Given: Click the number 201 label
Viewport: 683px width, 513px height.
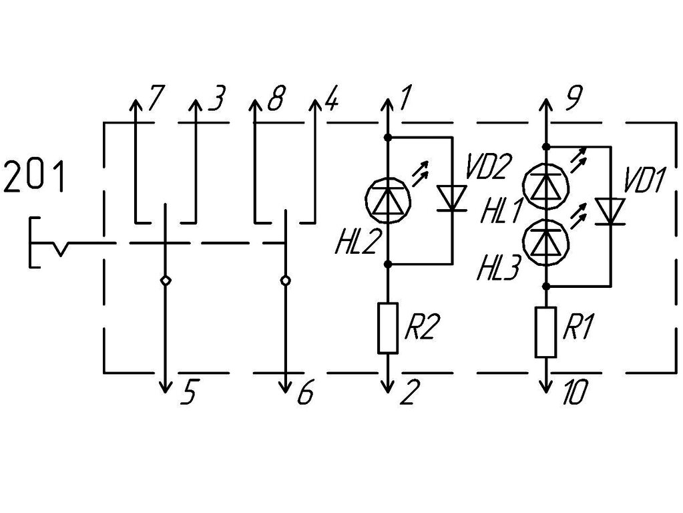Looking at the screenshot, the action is coord(35,176).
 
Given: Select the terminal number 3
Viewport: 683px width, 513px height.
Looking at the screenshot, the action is coord(216,98).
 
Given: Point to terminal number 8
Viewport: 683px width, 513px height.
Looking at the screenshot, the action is coord(276,98).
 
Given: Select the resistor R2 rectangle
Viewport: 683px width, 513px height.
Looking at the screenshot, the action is coord(388,327).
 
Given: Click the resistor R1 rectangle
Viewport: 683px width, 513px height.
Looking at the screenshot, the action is coord(546,332).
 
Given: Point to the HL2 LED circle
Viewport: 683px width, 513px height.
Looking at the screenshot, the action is coord(388,200).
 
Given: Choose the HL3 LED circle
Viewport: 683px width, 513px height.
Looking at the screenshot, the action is coord(546,242).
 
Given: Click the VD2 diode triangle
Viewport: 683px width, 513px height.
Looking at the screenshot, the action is coord(453,198).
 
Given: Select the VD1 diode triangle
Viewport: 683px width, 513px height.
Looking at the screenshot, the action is coord(610,211).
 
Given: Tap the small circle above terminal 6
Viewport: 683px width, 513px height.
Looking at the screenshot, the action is coord(285,281).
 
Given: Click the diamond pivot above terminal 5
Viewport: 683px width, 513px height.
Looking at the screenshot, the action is coord(165,281).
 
